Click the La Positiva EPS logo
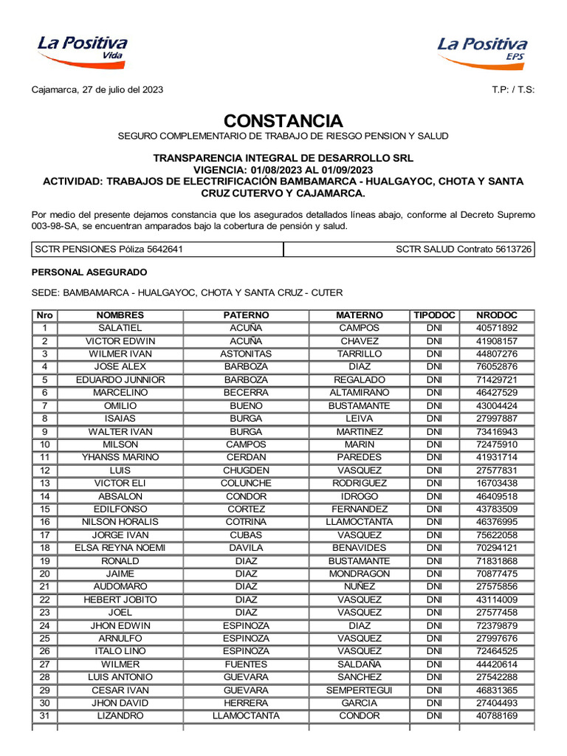coord(483,50)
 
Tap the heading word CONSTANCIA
coord(283,121)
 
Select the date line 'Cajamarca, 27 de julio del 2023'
coord(97,90)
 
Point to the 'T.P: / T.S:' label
coord(513,90)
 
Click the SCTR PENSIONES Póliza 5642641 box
coord(157,250)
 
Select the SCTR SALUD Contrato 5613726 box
coord(409,250)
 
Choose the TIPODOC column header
coord(434,315)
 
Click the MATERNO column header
coord(360,315)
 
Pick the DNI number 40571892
coord(497,328)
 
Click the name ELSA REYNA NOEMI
coord(120,548)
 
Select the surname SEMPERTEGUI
coord(360,690)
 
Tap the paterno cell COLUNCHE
coord(246,483)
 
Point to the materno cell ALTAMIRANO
coord(360,393)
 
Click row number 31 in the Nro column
coord(44,716)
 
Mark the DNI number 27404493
coord(497,703)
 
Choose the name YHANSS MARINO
coord(120,457)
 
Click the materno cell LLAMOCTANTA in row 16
coord(360,522)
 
